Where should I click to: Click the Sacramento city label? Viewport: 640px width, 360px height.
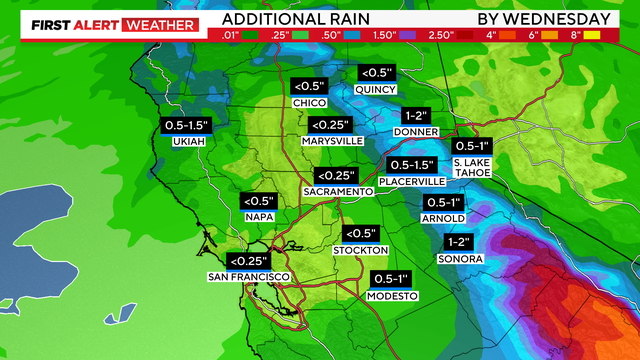pyautogui.click(x=338, y=190)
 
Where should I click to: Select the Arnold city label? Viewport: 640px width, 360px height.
pyautogui.click(x=444, y=218)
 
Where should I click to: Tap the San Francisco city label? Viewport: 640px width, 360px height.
pyautogui.click(x=248, y=276)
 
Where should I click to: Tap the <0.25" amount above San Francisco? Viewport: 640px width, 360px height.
pyautogui.click(x=249, y=259)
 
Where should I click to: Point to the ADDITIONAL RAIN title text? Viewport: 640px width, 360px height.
pyautogui.click(x=297, y=19)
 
